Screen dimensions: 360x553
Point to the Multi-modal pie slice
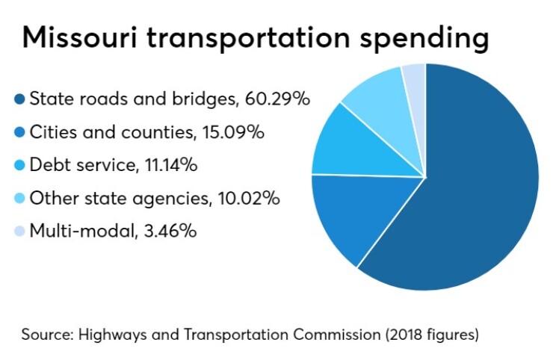415,78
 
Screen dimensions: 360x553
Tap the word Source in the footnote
42,333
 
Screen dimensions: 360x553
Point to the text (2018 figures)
431,334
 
